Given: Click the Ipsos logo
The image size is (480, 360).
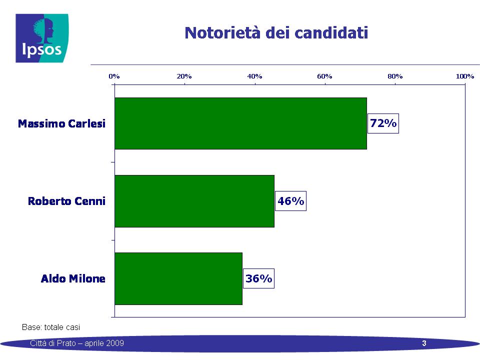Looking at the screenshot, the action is click(x=42, y=38).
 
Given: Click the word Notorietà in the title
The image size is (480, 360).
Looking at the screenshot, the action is click(x=222, y=33).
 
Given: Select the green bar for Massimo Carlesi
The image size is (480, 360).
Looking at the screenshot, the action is click(x=240, y=123).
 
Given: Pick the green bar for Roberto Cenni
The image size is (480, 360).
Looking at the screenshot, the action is click(x=194, y=201).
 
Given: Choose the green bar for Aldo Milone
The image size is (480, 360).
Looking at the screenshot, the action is click(x=178, y=278).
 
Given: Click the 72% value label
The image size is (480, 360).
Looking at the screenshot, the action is click(x=383, y=123).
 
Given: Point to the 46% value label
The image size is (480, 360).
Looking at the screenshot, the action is click(x=290, y=201).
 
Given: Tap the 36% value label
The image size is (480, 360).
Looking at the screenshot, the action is click(x=258, y=278).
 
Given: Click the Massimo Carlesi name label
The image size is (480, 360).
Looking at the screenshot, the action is click(x=61, y=123).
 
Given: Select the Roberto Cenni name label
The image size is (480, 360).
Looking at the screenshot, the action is click(x=66, y=201).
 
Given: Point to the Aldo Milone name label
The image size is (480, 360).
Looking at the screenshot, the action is click(x=73, y=278).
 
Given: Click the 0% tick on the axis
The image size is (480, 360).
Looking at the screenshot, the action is click(x=114, y=76).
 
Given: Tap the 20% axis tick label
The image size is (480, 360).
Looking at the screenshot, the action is click(x=184, y=76).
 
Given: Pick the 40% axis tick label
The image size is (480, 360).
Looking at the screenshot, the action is click(x=254, y=76).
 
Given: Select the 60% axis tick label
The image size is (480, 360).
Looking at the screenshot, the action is click(x=325, y=76).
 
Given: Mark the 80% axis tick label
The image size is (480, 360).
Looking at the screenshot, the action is click(x=395, y=76).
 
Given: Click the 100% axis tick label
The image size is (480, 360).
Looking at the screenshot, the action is click(x=465, y=76).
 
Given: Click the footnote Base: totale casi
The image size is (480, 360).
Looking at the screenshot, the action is click(x=51, y=327).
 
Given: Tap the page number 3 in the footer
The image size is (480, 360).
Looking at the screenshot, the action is click(x=424, y=343).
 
